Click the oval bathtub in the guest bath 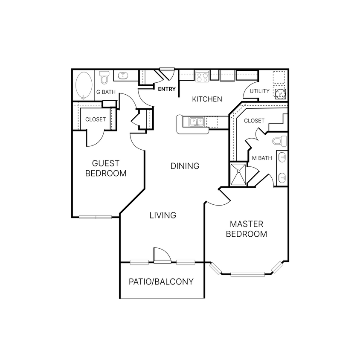[84, 85]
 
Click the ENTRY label [166, 89]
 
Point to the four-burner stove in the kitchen [201, 77]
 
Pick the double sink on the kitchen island [197, 122]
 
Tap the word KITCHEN [207, 99]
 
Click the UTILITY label [259, 91]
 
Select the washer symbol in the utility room [280, 93]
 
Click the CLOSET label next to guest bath [95, 119]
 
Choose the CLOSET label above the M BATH [254, 121]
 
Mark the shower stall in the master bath [238, 174]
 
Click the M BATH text [262, 158]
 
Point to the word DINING [185, 166]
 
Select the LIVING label [163, 215]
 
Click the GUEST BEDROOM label [106, 168]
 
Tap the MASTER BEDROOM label [247, 229]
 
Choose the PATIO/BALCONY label [161, 282]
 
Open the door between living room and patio [162, 256]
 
